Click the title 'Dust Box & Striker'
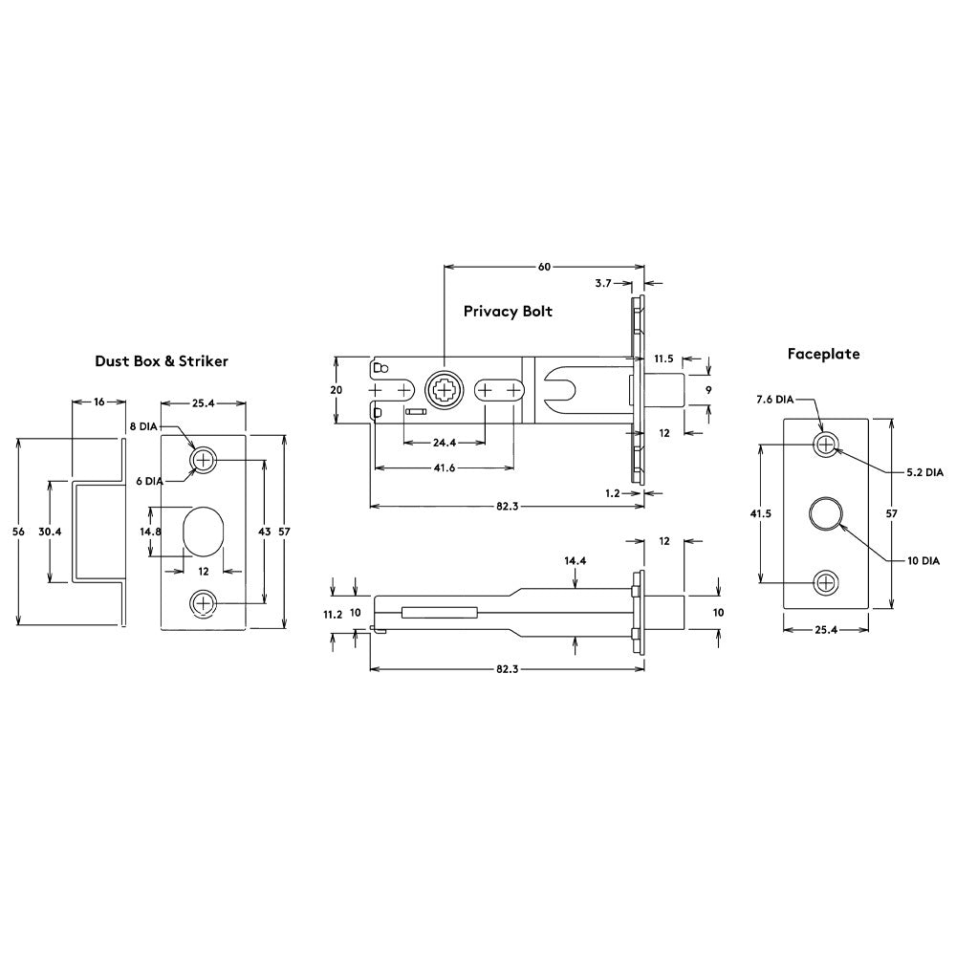(161, 361)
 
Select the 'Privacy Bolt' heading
(508, 311)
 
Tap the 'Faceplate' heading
(823, 354)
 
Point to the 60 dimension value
(544, 267)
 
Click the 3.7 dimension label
(603, 283)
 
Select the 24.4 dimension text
(444, 443)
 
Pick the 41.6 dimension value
(444, 468)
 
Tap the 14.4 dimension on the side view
(574, 561)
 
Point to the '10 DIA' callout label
(923, 561)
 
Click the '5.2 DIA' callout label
(924, 472)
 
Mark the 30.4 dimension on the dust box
(50, 532)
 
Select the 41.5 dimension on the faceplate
(760, 513)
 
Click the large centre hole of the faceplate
(825, 513)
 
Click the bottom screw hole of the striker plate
(202, 602)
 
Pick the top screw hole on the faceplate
(825, 443)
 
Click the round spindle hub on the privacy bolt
(444, 391)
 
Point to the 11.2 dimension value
(333, 615)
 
